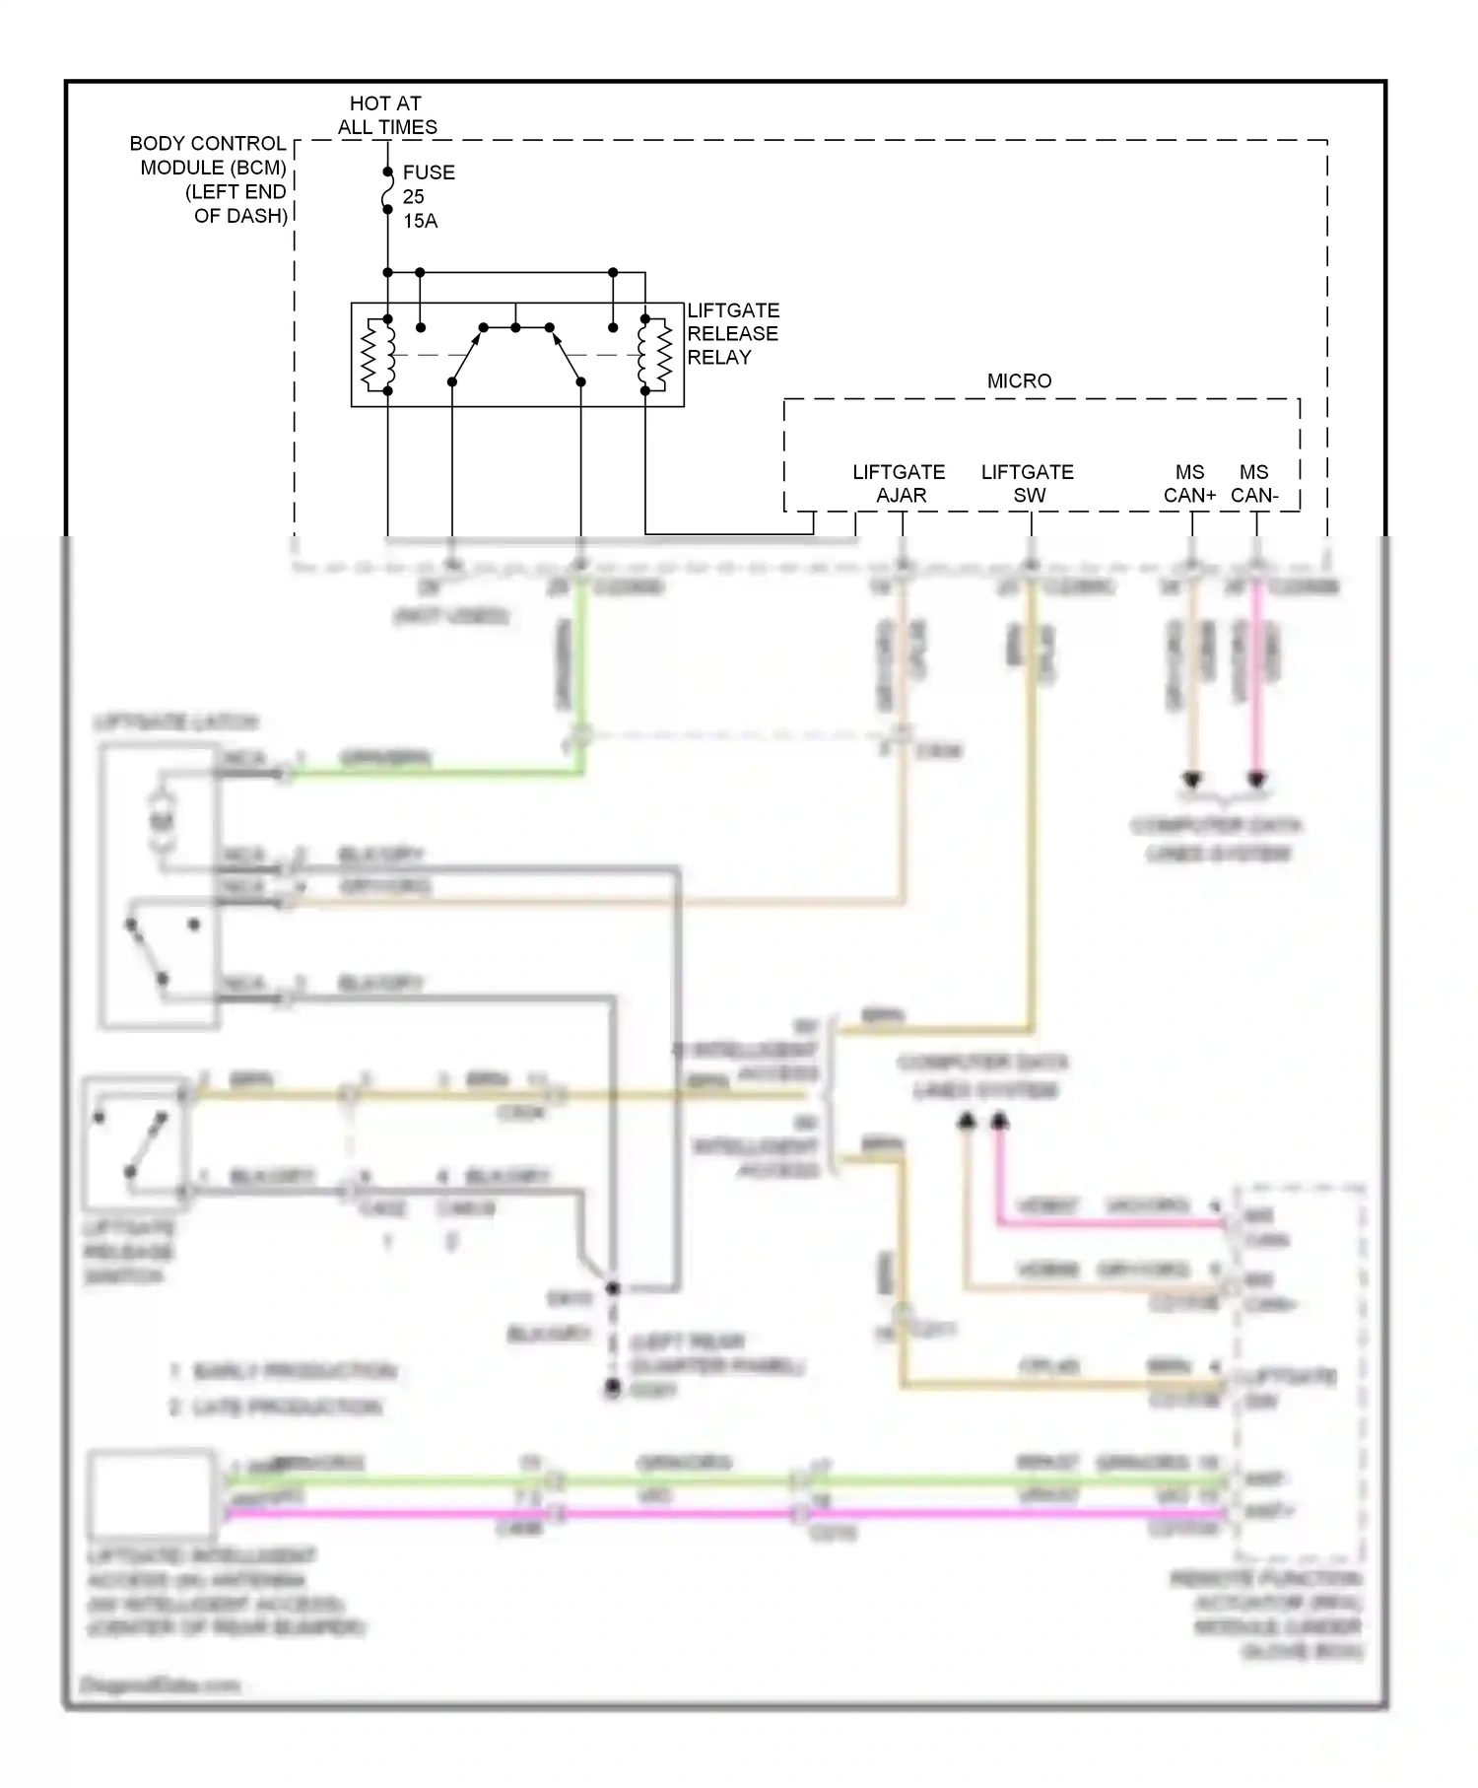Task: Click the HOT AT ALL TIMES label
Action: click(386, 115)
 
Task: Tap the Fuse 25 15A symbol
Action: click(387, 196)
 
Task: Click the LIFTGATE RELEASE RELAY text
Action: click(732, 334)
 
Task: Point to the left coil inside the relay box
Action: click(377, 355)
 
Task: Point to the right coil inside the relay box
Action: click(654, 355)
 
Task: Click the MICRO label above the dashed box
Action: click(1019, 380)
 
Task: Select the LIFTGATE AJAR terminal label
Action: click(899, 483)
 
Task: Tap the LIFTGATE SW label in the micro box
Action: click(1028, 483)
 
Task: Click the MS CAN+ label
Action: click(1189, 483)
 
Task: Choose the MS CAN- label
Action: click(1254, 483)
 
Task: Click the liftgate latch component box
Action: click(159, 887)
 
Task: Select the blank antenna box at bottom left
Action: click(152, 1493)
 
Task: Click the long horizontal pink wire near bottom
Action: click(690, 1513)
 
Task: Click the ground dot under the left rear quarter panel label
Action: click(613, 1389)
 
